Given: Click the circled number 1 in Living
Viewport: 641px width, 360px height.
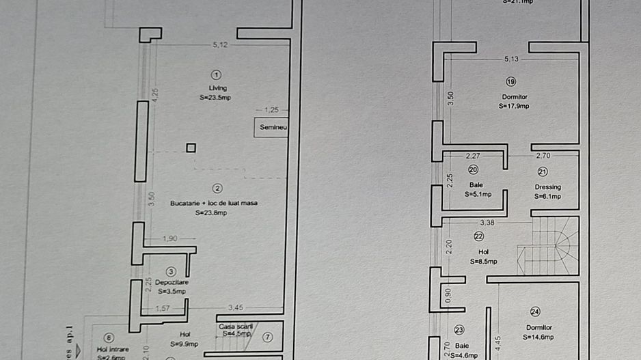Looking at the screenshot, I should coord(217,74).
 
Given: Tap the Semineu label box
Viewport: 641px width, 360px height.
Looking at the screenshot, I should coord(271,128).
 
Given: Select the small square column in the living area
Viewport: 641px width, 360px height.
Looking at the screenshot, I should coord(191,148).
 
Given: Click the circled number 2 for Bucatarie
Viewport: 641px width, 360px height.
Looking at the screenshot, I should coord(217,189).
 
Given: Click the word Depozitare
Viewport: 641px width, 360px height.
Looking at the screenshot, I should coord(172,282).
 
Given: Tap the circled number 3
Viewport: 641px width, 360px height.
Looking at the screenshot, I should coord(171,271).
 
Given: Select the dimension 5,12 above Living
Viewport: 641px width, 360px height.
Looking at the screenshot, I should coord(220,45).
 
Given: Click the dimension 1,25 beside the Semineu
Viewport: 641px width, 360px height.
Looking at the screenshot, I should coord(271,109).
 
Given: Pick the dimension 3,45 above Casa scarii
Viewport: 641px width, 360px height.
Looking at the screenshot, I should coord(236,307).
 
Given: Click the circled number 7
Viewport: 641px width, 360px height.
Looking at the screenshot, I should coord(267,337).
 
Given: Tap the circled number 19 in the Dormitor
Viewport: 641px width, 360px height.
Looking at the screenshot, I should coord(511,82).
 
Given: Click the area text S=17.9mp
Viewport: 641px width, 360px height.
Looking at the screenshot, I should coord(514,106).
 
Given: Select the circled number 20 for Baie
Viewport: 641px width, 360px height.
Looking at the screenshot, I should coord(473,170).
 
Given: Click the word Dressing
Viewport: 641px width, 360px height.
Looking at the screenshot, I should coord(547,186).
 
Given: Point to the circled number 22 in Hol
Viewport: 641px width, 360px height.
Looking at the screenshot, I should coord(478,236).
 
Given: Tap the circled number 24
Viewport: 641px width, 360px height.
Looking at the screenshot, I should coord(535,311).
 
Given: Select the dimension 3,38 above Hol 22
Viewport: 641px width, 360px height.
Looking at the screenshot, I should coord(487,222).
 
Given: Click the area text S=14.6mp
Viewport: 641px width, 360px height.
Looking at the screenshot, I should coord(538,337).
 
